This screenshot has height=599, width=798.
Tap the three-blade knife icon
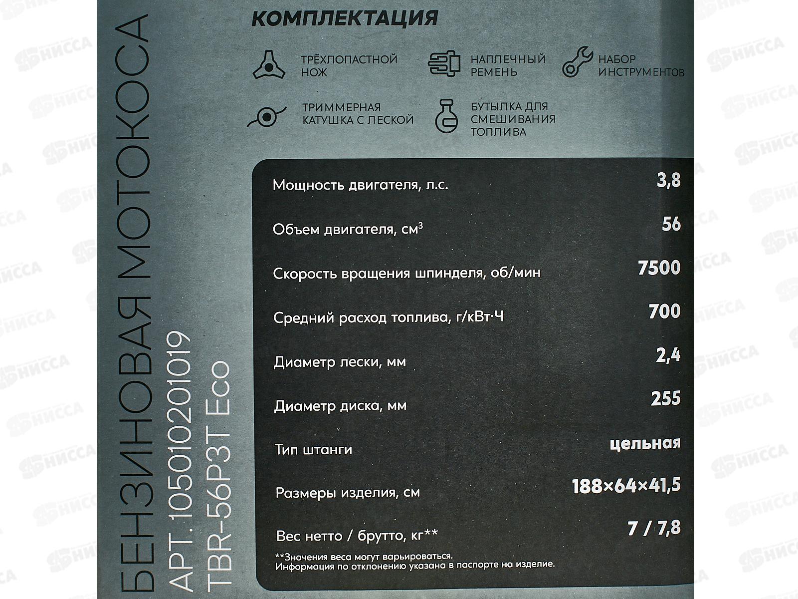coord(268,65)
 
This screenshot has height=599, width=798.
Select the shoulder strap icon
coord(444,63)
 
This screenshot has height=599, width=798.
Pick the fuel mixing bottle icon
coord(445,116)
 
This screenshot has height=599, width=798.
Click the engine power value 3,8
coord(668,180)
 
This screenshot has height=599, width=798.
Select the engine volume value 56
coord(671,224)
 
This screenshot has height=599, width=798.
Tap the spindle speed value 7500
coord(659,268)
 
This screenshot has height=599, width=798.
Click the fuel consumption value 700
coord(664,311)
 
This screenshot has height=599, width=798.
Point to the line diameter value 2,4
coord(668,355)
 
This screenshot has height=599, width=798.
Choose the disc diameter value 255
coord(665,399)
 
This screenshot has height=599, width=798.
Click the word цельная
coord(645,443)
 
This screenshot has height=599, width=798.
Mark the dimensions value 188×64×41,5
coord(626,485)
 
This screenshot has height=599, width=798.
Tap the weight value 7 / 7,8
coord(654,528)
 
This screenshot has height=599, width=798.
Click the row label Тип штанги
coord(313,450)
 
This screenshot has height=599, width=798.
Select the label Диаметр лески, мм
coord(339,362)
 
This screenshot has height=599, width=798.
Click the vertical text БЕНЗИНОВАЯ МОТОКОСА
coord(134,299)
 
